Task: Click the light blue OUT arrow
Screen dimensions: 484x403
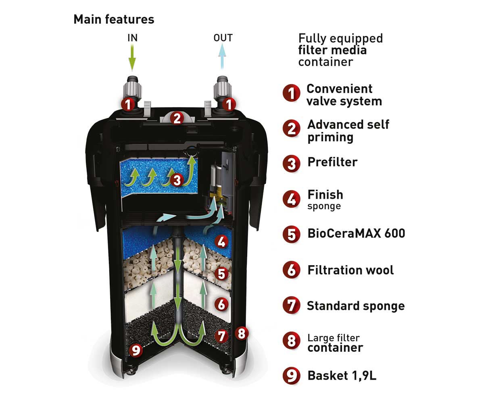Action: (222, 56)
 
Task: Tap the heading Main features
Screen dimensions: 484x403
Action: (114, 19)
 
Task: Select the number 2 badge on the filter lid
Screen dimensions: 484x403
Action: (177, 118)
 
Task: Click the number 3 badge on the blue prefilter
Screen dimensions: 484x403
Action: (177, 180)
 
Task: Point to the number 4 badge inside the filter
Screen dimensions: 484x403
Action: (221, 241)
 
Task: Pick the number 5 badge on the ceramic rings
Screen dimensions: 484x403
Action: (221, 274)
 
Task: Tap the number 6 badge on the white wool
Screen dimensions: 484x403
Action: (221, 304)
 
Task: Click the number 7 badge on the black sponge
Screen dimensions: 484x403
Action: (221, 336)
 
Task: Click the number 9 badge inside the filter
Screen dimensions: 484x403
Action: (136, 350)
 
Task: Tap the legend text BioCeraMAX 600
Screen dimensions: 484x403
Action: (356, 233)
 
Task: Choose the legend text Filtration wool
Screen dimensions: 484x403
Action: (350, 270)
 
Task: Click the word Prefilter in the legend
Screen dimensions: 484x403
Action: (332, 162)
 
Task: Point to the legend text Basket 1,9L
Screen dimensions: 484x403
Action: (342, 376)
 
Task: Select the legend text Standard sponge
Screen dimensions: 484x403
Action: (356, 306)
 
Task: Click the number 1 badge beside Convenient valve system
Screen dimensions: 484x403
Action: (291, 93)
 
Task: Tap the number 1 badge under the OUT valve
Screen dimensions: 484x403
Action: (229, 104)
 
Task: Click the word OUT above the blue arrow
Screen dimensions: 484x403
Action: (223, 38)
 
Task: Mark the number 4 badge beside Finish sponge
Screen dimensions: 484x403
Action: (291, 199)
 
